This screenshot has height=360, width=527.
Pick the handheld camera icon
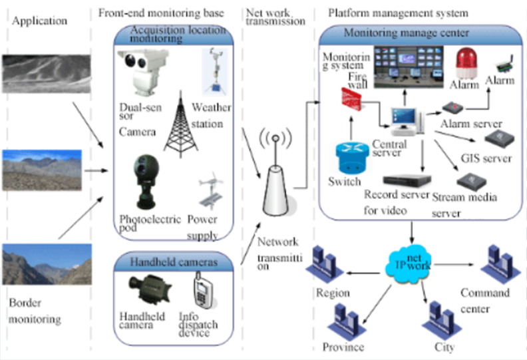147,290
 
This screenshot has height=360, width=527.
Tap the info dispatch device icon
202,291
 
